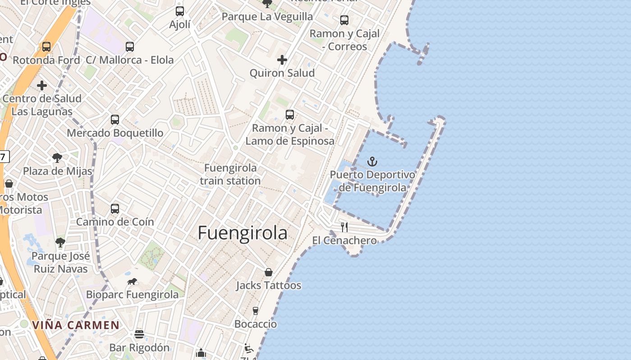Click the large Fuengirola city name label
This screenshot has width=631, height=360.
click(242, 233)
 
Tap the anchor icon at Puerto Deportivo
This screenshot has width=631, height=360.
click(372, 162)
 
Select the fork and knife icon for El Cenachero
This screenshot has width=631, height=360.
click(344, 227)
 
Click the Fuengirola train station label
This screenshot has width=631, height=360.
click(230, 174)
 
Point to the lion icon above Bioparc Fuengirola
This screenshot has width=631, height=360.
click(132, 282)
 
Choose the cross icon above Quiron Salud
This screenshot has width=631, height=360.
click(282, 59)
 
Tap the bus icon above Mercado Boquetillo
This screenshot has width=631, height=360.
click(115, 120)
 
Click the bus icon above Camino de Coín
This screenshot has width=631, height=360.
click(115, 209)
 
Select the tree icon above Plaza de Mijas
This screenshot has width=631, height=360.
click(57, 157)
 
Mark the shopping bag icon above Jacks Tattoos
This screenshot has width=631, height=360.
click(269, 272)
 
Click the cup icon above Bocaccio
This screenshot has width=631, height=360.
click(256, 310)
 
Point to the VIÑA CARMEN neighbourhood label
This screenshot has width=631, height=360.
click(76, 325)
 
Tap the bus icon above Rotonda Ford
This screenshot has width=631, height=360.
click(46, 46)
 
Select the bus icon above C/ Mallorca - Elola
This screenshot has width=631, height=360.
click(130, 46)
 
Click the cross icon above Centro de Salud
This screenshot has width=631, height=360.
click(42, 85)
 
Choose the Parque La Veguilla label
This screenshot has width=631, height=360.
click(267, 17)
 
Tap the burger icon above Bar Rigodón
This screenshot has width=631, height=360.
click(139, 334)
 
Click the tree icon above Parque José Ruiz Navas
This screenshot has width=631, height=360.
click(60, 243)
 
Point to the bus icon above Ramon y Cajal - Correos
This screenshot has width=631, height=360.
click(344, 20)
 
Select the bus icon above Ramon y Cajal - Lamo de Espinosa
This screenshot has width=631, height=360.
click(290, 115)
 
